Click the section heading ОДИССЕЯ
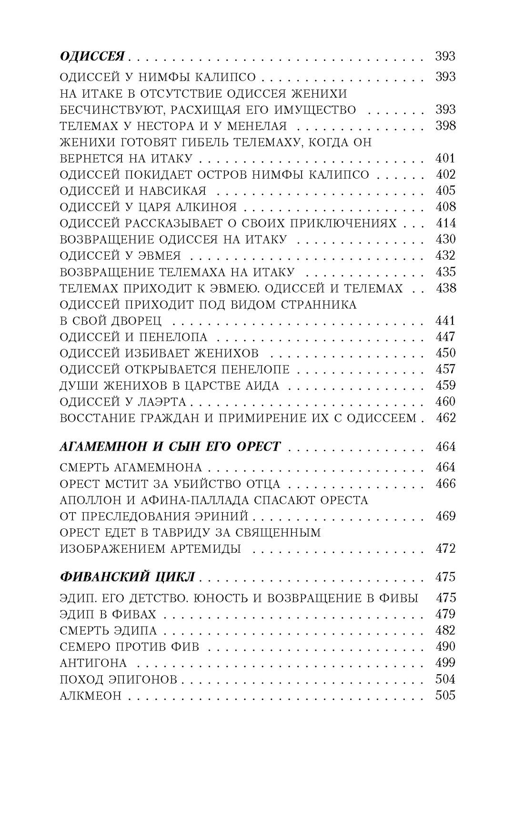click(92, 56)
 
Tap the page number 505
click(445, 695)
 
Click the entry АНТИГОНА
click(93, 663)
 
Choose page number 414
click(445, 223)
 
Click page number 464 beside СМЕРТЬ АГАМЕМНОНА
click(445, 467)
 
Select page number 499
click(445, 663)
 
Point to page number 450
click(445, 353)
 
